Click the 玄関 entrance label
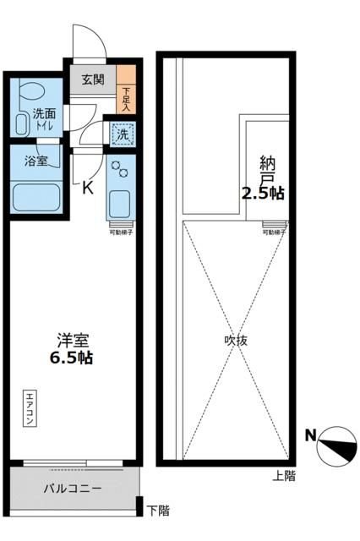coord(93,80)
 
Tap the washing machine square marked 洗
coord(123,134)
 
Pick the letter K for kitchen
coord(86,188)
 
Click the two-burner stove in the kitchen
coord(119,167)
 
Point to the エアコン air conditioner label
coord(28,407)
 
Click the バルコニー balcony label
coord(73,489)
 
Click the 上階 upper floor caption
coord(284,476)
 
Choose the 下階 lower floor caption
coord(157,510)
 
